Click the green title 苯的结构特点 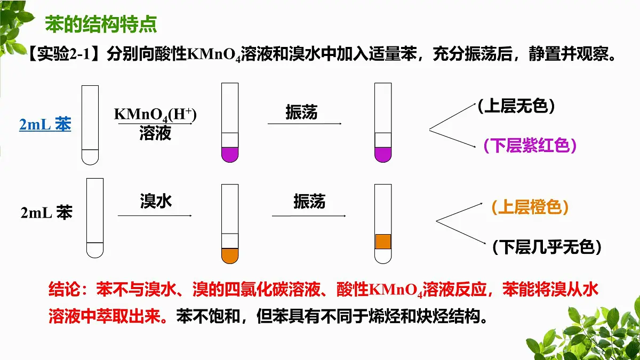tap(101, 24)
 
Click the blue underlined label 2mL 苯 tap(45, 124)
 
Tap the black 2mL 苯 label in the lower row tap(46, 213)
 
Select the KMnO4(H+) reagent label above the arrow tap(155, 115)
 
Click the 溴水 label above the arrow tap(156, 201)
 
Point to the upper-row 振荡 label tap(302, 112)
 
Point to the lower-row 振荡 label tap(309, 202)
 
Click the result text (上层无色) tap(516, 106)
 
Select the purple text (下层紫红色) tap(530, 146)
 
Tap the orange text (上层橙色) tap(530, 207)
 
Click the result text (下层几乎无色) tap(547, 247)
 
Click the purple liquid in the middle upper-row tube tap(230, 155)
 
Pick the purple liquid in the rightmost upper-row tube tap(383, 155)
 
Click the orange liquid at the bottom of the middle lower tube tap(230, 255)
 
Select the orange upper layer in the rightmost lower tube tap(383, 242)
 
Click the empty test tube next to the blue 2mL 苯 tap(90, 125)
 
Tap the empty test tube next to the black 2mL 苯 tap(95, 218)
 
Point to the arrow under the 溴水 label tap(155, 215)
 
